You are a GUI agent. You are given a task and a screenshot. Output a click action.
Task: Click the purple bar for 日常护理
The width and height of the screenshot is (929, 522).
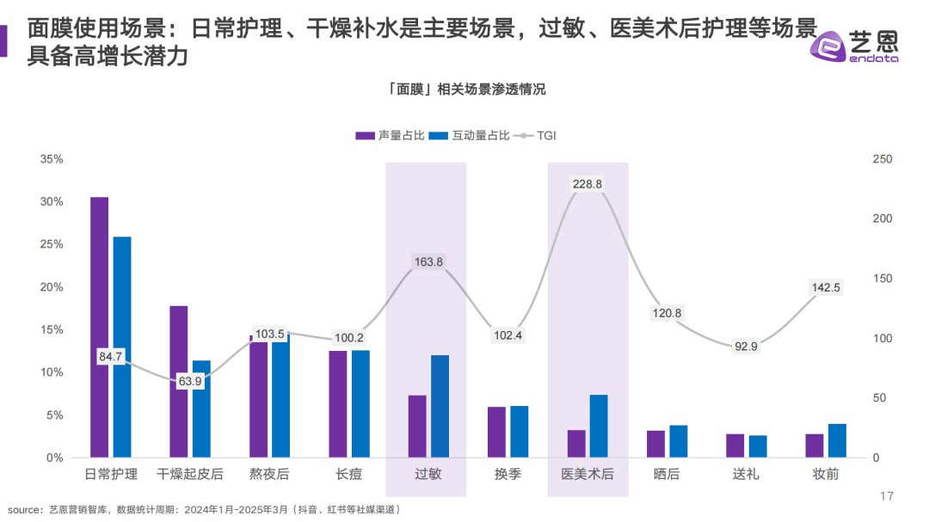pos(100,327)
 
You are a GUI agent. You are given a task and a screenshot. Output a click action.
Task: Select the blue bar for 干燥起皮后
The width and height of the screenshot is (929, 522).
pos(201,408)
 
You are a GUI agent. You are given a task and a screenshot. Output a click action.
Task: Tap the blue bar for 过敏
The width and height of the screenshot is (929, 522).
pos(440,405)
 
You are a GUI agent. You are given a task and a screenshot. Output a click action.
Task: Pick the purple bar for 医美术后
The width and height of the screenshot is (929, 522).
pos(576,444)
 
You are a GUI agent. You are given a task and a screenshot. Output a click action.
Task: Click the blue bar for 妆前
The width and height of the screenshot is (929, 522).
pos(837,440)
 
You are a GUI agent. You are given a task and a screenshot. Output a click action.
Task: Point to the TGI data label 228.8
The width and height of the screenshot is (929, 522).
pos(588,184)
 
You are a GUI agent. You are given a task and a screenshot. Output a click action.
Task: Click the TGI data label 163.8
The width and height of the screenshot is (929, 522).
pos(428,262)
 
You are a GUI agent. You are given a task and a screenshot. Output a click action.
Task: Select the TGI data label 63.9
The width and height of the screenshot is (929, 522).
pos(189,381)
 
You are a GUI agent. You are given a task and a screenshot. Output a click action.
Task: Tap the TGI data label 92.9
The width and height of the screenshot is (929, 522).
pos(745,347)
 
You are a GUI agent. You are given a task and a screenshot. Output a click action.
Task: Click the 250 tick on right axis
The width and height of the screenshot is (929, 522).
pos(882,160)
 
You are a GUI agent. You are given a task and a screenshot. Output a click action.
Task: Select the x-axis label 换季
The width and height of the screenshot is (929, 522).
pos(508,475)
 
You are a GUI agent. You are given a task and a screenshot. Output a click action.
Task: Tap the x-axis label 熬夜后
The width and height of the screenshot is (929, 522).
pos(269,475)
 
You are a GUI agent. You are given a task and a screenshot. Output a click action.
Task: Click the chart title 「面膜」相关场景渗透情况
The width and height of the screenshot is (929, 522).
pos(465,89)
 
